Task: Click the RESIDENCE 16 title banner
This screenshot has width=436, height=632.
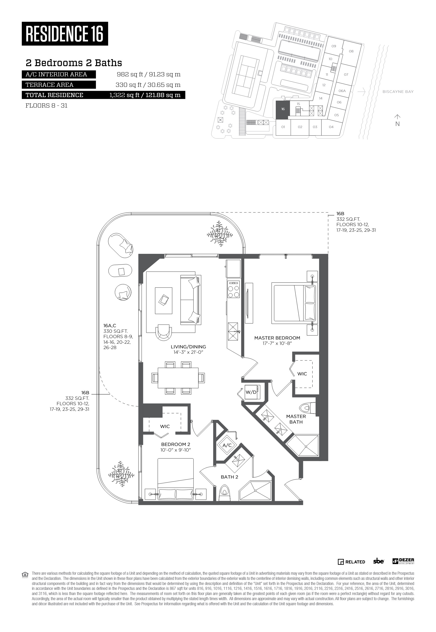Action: (x=65, y=34)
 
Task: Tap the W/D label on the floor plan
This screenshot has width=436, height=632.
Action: (x=251, y=392)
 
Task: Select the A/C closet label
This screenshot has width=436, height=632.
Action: (x=227, y=445)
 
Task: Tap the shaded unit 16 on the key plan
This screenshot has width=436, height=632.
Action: (x=283, y=110)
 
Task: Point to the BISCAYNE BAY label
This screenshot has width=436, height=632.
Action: (x=398, y=92)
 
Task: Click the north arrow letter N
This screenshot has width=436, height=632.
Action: (x=398, y=124)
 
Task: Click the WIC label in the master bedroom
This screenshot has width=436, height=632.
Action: (x=302, y=374)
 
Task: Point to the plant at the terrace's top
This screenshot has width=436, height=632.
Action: (x=220, y=234)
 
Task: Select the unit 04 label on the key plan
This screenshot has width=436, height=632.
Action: (x=331, y=127)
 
